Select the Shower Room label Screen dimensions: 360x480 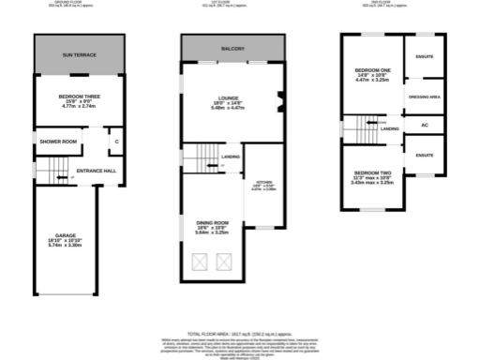pos(58,142)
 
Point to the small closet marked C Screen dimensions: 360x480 pos(116,142)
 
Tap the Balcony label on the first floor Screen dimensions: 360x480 pos(232,48)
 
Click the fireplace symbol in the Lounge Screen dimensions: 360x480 pos(278,102)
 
